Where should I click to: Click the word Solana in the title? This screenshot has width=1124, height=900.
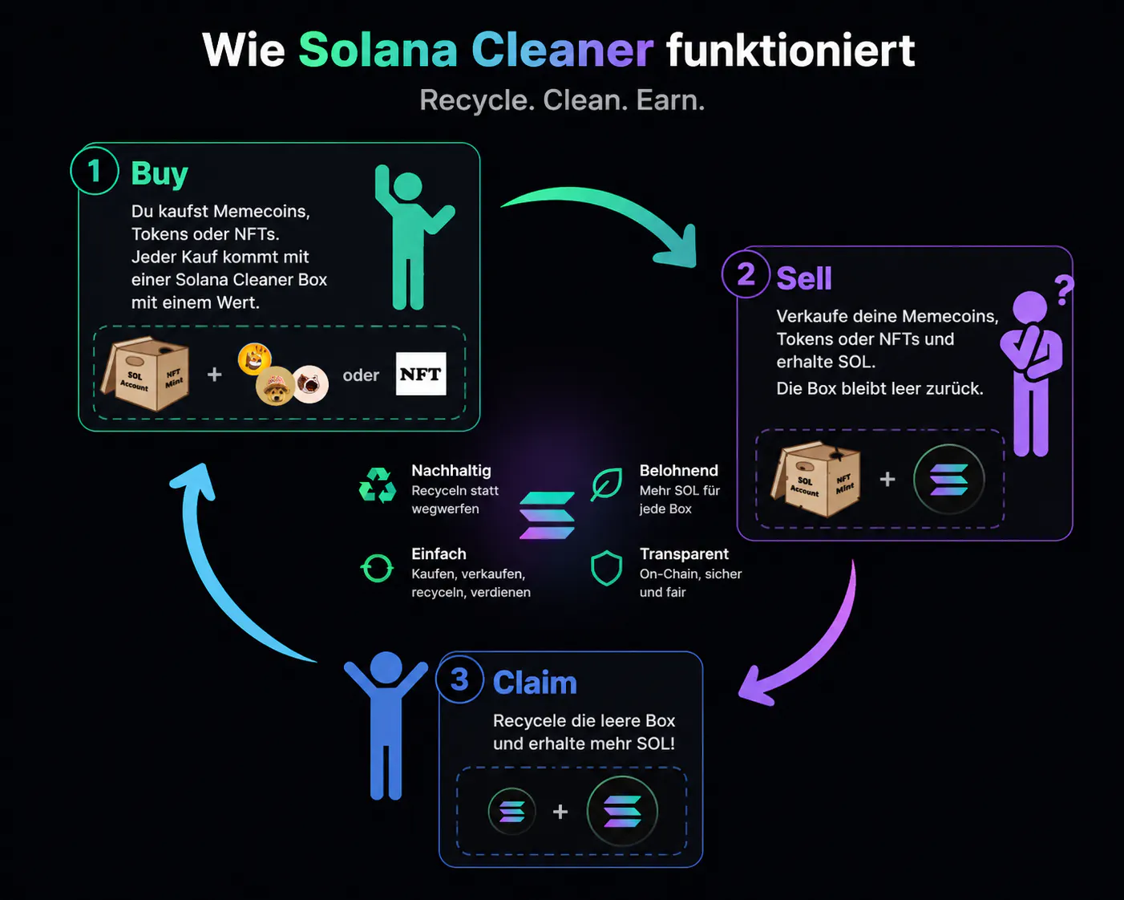(x=378, y=50)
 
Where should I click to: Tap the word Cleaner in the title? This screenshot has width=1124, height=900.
(x=562, y=50)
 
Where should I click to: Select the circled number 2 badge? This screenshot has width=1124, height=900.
(x=746, y=274)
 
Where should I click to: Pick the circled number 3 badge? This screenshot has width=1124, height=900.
(x=459, y=679)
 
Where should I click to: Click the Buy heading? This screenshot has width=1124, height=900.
(x=160, y=174)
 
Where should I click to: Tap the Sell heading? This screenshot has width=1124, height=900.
(x=804, y=278)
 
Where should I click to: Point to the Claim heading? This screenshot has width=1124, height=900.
(x=535, y=683)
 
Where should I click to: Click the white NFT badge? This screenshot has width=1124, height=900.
(x=421, y=374)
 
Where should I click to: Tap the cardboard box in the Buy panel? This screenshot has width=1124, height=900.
(x=146, y=373)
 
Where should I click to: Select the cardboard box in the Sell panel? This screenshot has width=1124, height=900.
(x=816, y=479)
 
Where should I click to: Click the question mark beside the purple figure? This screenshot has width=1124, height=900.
(x=1064, y=290)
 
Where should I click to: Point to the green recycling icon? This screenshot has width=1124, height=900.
(x=378, y=485)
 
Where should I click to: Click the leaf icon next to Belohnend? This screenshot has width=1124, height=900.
(x=606, y=484)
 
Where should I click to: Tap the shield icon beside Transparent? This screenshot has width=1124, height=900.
(x=606, y=568)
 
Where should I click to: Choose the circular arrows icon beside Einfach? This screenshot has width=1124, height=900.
(x=377, y=568)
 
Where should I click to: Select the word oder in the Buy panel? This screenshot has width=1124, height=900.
(x=361, y=375)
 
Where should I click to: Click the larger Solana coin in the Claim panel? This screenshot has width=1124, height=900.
(x=622, y=811)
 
